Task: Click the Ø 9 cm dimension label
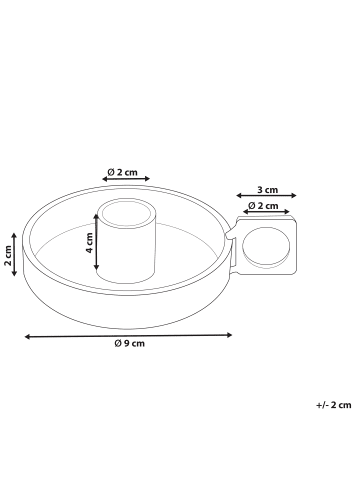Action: coord(129,343)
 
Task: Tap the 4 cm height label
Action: coord(89,243)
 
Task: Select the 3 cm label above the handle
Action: coord(267,190)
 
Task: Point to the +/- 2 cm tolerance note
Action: coord(334,405)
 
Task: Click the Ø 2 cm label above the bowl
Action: coord(122,172)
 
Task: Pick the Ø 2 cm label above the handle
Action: coord(263,206)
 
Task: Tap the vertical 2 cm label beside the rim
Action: coord(8,255)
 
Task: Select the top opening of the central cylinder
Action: coord(126,213)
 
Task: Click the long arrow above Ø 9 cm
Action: coord(128,336)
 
